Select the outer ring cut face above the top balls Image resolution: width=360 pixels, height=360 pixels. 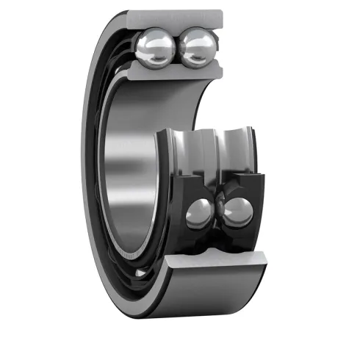[x=176, y=19]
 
